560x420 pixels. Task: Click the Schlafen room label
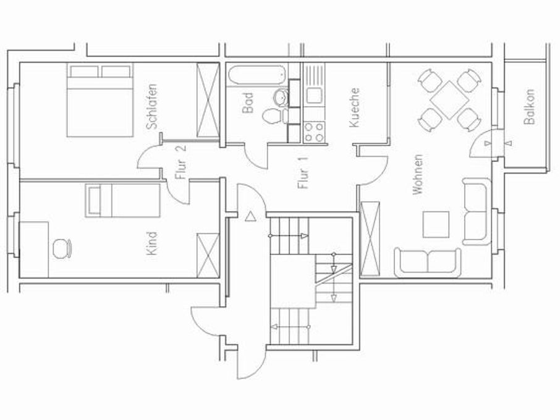coord(152,106)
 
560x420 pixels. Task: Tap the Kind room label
coord(152,243)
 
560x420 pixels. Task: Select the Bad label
coord(248,103)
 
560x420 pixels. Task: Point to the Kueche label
coord(354,107)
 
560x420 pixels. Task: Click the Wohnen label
coord(418,175)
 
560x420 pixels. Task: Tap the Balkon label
coord(529,107)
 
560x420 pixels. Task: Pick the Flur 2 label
coord(180,162)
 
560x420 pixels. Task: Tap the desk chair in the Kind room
coord(61,248)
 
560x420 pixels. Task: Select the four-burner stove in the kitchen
coord(313,131)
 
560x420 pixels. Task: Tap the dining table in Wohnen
coord(449,99)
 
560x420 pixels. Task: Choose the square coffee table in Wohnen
coord(436,225)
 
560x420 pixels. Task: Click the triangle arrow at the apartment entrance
coord(250,217)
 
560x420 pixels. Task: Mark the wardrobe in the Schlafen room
coord(208,101)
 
